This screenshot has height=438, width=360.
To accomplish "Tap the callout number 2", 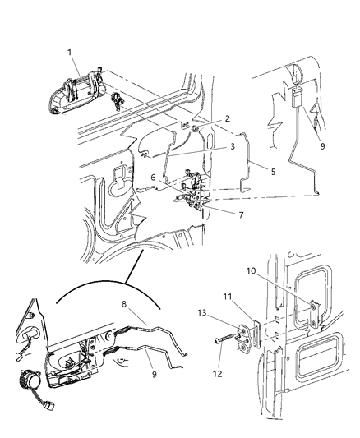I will (x=215, y=118).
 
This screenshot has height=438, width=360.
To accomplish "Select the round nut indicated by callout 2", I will (x=194, y=129).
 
